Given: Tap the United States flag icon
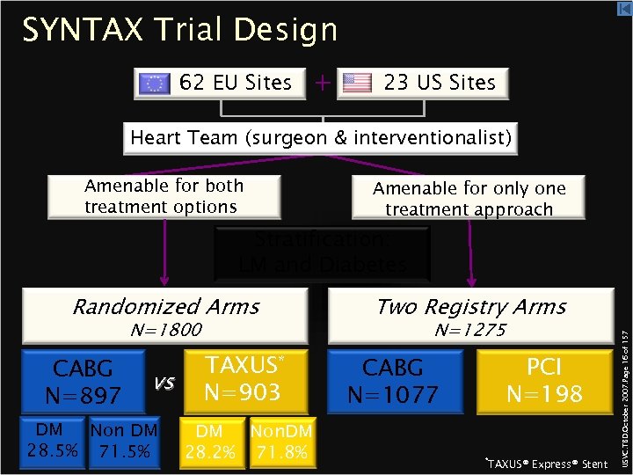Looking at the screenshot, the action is tap(358, 84).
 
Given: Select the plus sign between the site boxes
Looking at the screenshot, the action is tap(323, 83).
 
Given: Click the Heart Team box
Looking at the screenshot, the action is tap(320, 138).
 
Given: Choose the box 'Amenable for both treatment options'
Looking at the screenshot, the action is tap(164, 196).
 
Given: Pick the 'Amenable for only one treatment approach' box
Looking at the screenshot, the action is tap(469, 199).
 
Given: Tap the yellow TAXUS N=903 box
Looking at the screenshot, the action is tap(244, 379).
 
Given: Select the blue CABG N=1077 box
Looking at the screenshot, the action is tap(394, 381).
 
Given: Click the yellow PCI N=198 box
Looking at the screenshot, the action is tap(544, 381).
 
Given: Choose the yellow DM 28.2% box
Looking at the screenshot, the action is tap(209, 442).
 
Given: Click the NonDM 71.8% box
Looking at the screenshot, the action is tap(279, 442).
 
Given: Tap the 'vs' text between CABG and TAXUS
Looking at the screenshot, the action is tap(164, 382).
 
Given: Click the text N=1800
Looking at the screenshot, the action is tap(165, 330).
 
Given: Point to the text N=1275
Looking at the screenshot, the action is tap(470, 330).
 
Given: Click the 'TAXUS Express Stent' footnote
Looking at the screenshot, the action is tap(546, 464).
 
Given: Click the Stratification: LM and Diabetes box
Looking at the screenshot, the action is tap(322, 252).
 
